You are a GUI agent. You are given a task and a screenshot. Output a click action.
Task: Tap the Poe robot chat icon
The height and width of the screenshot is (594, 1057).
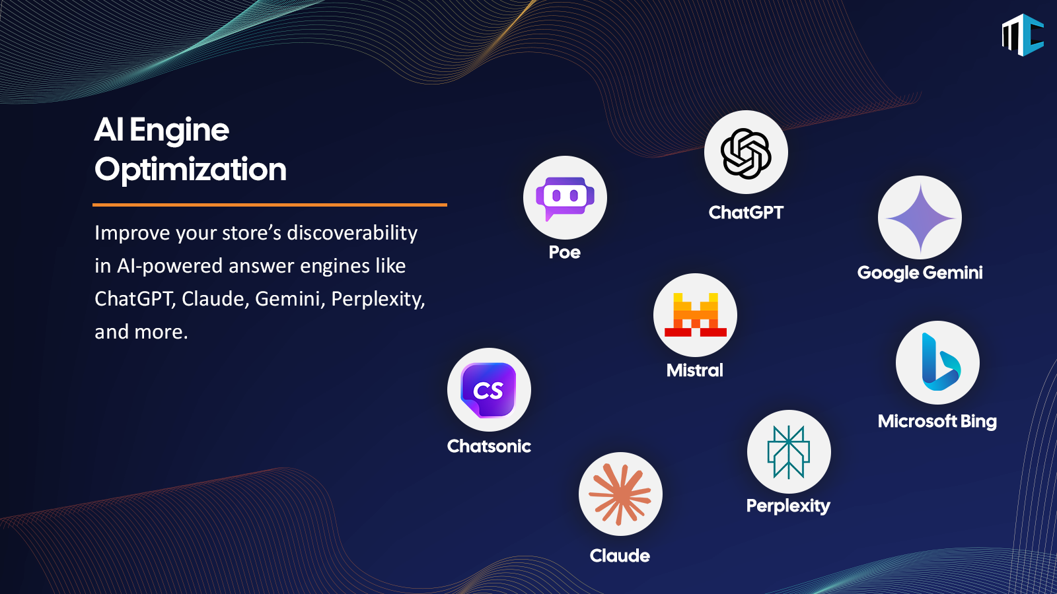pos(565,197)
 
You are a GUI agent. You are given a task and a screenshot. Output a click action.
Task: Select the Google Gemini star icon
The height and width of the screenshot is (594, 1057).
pos(920,218)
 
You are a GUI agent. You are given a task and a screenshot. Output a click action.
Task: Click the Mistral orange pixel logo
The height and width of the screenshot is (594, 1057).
pos(695,315)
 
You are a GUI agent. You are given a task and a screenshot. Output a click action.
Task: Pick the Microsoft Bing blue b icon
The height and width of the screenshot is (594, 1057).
pos(941,362)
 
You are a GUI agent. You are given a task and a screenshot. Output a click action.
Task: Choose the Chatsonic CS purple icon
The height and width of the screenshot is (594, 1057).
pos(488,390)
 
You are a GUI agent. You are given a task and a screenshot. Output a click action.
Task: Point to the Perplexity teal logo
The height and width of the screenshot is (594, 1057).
pos(789,451)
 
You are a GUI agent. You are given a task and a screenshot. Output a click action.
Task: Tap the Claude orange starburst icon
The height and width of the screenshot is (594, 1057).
pos(620,494)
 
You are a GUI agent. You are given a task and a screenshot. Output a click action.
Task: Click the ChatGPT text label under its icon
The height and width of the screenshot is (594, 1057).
pos(746,213)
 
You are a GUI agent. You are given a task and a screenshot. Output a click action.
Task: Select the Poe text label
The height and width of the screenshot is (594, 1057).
pos(565,252)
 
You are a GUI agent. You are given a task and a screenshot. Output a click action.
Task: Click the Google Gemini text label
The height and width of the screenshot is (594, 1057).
pos(920,273)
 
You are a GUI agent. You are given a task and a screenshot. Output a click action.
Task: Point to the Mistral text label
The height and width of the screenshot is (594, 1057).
pos(694,370)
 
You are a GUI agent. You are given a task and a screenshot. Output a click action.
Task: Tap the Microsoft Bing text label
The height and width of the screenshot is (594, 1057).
pos(937,421)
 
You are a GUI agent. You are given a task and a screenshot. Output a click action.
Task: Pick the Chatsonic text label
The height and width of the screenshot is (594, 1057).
pos(489,446)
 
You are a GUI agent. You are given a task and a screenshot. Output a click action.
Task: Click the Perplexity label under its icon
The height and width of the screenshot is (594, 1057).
pos(788,506)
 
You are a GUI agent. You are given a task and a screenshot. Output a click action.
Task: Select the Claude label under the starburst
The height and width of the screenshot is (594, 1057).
pos(620,556)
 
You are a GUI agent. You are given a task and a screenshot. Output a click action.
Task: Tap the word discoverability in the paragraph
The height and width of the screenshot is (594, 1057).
pos(352,233)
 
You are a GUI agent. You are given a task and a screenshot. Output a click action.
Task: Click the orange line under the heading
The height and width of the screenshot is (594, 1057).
pos(270,205)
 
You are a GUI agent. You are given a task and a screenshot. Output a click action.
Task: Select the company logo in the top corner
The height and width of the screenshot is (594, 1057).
pos(1023,35)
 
